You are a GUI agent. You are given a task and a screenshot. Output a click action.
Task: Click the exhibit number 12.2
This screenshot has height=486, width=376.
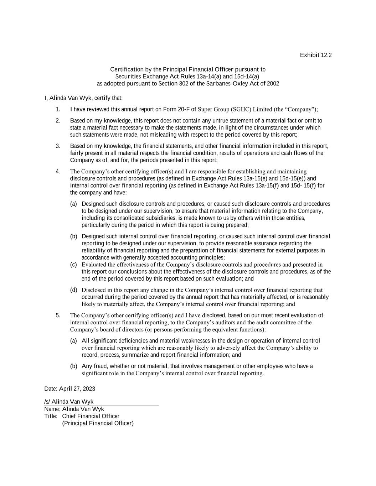(x=326, y=55)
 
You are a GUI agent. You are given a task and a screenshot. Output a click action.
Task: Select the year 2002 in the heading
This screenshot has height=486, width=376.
(x=273, y=84)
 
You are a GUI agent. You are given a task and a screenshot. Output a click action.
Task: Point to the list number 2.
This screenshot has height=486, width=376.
(x=58, y=121)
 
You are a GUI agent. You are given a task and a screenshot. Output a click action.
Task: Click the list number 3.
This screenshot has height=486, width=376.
(x=58, y=146)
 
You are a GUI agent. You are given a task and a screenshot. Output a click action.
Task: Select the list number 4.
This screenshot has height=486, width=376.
(x=58, y=172)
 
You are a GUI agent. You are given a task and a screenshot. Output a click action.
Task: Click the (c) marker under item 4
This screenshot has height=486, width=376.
(x=73, y=265)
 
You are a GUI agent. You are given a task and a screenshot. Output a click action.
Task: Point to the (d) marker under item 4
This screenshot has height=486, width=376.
(x=73, y=290)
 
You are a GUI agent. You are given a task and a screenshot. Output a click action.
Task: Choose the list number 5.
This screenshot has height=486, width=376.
(x=58, y=315)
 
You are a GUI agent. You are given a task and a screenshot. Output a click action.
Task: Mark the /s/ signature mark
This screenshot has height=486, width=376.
(x=47, y=402)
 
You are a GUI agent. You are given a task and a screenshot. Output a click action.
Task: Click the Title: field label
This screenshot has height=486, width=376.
(x=51, y=416)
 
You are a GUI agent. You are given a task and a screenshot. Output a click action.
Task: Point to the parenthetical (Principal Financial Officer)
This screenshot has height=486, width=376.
(x=98, y=423)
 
